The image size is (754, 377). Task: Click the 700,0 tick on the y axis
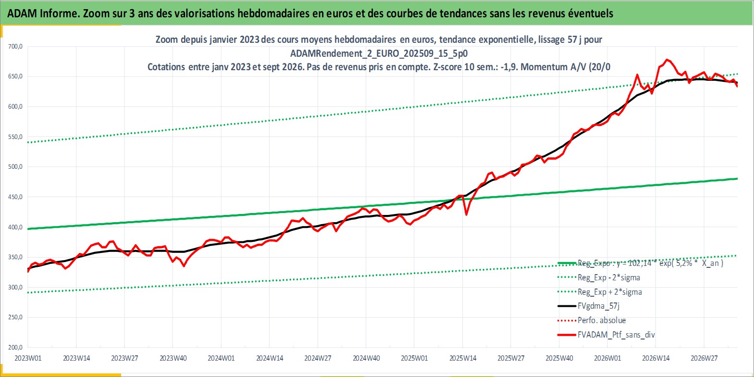[15, 47]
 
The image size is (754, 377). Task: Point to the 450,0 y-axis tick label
[15, 197]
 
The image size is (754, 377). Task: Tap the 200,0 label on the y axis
[15, 347]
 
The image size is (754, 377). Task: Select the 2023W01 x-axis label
[28, 358]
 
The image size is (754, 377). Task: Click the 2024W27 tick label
[318, 358]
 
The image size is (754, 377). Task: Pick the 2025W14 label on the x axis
[463, 358]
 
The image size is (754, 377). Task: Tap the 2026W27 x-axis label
[704, 358]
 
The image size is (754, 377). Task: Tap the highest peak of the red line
[667, 60]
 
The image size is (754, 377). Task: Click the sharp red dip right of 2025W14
[466, 214]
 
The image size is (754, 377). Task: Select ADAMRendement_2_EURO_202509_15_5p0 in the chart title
[379, 53]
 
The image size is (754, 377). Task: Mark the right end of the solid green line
[738, 178]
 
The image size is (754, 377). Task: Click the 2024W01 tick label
[221, 358]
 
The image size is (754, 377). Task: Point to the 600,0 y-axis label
[15, 106]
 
